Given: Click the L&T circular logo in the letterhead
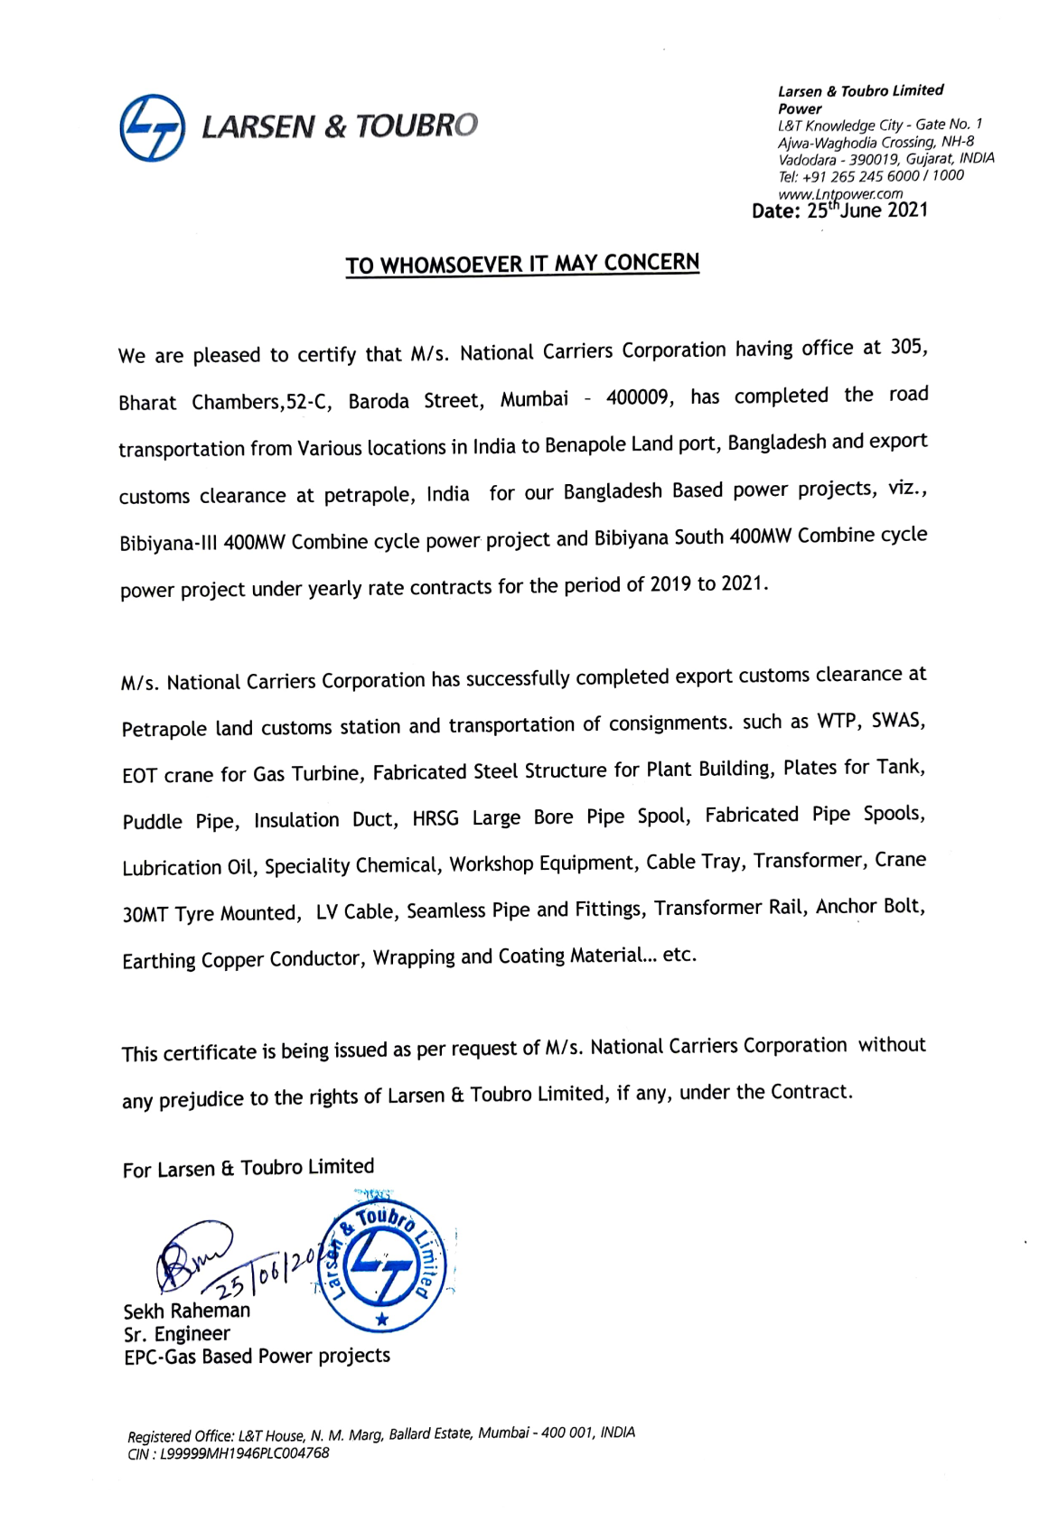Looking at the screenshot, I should [152, 127].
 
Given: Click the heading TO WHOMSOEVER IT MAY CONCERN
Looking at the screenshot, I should [522, 264].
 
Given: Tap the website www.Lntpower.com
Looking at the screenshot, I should [839, 193].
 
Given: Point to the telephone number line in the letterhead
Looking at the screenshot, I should [870, 176].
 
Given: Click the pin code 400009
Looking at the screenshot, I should [639, 397].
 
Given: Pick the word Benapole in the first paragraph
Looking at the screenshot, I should [582, 445].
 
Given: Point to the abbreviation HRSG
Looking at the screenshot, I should [436, 818].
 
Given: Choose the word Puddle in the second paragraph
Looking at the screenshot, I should [153, 822].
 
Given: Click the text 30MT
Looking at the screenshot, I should [145, 914].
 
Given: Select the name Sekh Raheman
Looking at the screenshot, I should [187, 1311].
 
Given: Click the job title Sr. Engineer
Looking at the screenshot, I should [177, 1334].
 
